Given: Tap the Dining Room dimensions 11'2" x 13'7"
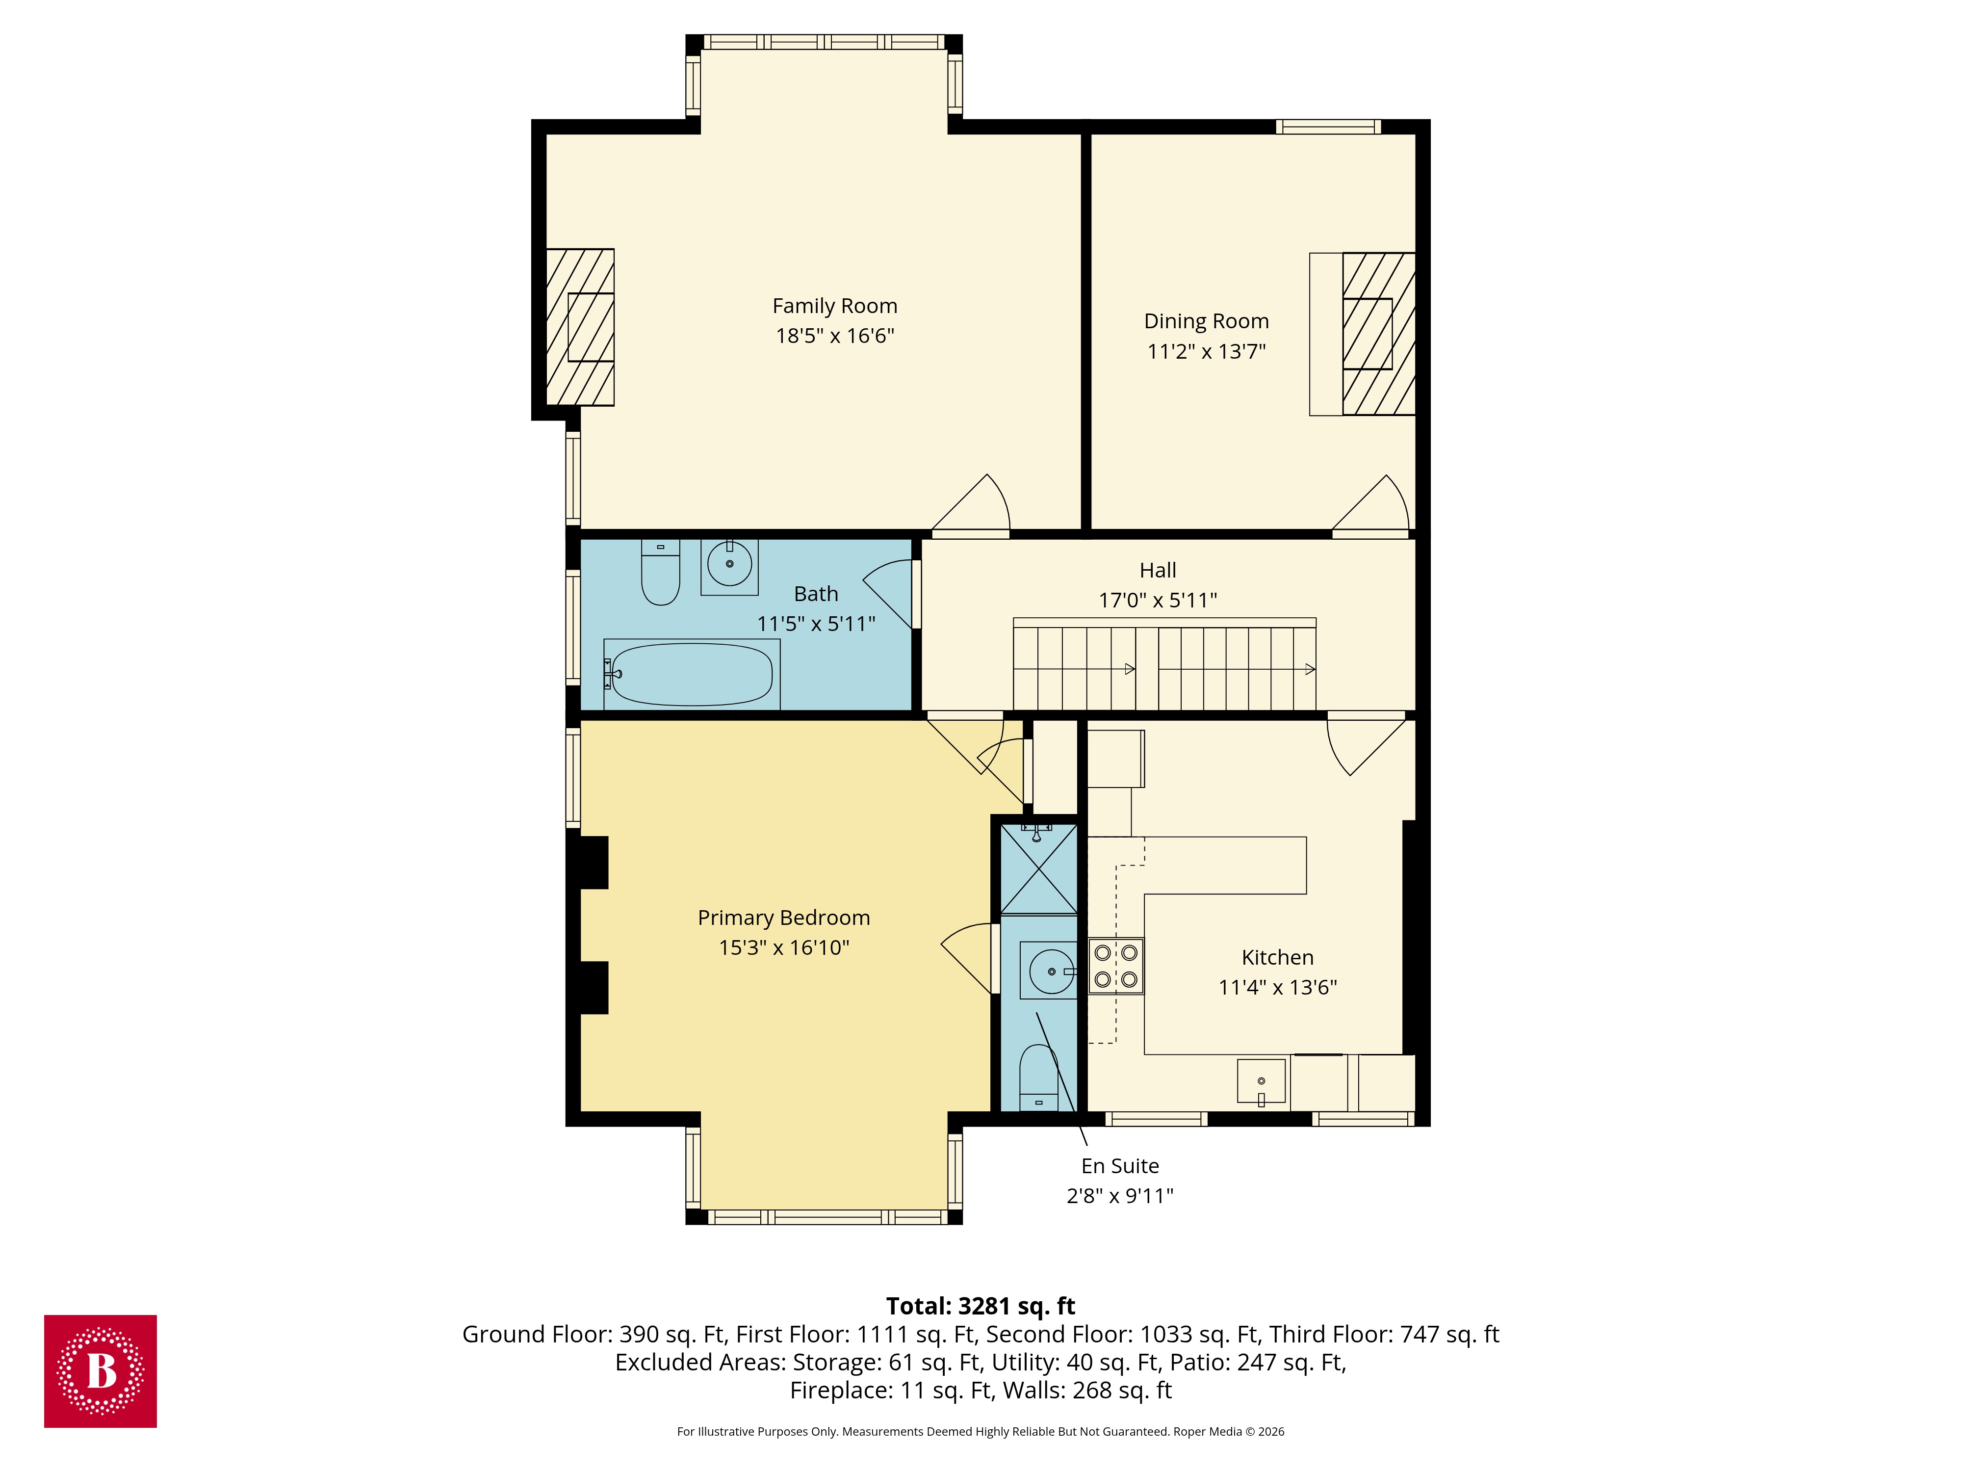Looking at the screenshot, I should [1206, 351].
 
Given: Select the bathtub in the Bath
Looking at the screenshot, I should [692, 674].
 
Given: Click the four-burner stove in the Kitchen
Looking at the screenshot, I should [1116, 965].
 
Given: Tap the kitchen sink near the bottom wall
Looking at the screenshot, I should [1261, 1081].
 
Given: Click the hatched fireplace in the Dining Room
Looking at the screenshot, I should [1377, 334].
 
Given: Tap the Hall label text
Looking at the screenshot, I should [1158, 571].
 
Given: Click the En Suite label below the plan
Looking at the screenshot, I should [1119, 1166].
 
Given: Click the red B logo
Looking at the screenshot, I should [100, 1371].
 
